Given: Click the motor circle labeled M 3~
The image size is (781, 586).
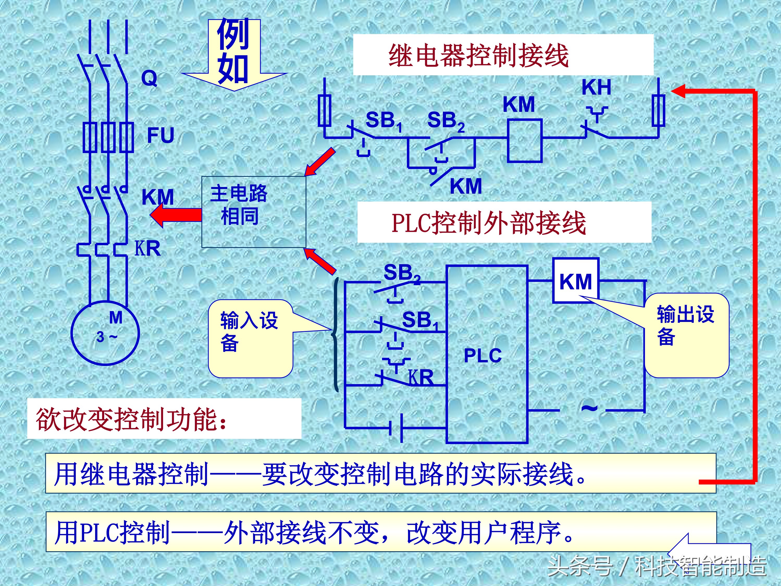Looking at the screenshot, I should [x=105, y=332].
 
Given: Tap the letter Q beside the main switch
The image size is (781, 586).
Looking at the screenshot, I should [x=149, y=78].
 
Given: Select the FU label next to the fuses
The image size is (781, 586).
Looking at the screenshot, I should [x=161, y=135].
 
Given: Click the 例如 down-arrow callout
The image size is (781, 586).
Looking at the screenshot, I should [x=234, y=53].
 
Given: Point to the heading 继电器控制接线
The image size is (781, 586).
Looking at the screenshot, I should [x=478, y=56].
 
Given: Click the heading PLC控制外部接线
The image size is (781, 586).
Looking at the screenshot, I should [x=489, y=223].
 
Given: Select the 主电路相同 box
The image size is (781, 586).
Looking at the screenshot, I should [x=253, y=212].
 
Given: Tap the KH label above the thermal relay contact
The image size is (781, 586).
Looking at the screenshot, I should [x=596, y=87].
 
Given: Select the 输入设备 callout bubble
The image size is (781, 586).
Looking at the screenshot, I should [x=250, y=338].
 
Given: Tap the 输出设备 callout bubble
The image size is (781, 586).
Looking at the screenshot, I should [x=686, y=335].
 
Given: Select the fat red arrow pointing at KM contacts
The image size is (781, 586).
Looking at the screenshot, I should [x=176, y=215].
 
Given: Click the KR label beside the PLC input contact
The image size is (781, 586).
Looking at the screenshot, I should [x=421, y=378].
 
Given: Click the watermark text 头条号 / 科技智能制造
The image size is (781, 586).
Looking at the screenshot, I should [x=657, y=566].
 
